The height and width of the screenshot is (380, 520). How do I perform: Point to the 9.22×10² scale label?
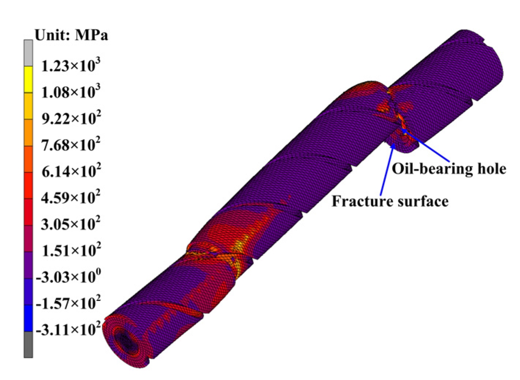[x=71, y=118]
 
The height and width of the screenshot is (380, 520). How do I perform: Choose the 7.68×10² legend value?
[x=71, y=144]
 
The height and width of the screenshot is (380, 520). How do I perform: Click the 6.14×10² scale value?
[x=71, y=171]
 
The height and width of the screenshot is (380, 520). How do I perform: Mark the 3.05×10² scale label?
[x=71, y=224]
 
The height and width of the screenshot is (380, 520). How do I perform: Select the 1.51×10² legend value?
[x=71, y=250]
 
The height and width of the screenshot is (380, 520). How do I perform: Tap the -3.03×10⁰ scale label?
[x=69, y=276]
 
